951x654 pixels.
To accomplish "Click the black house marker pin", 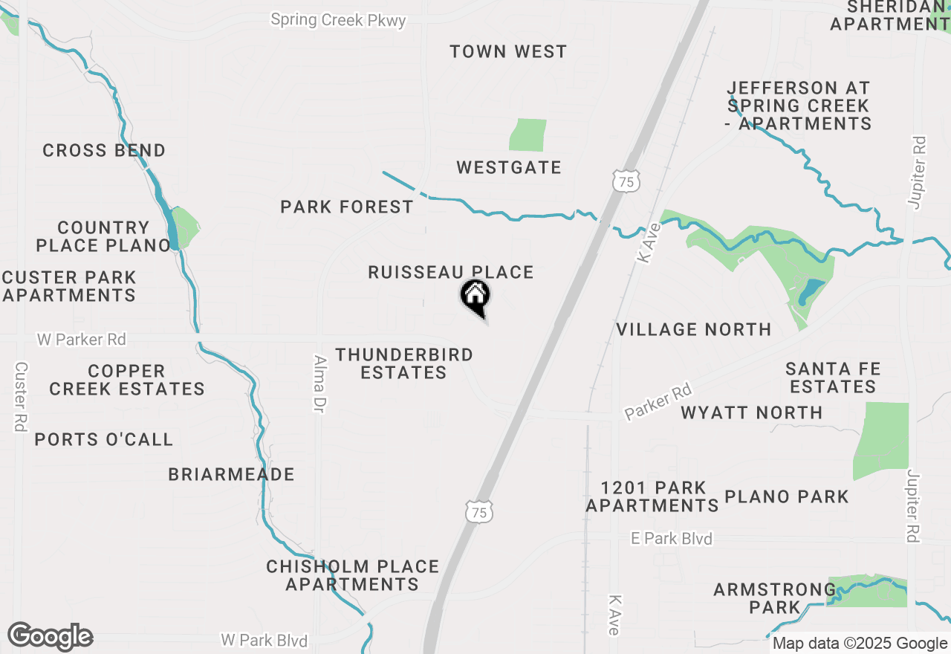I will coord(475,297).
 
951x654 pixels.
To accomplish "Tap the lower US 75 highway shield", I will coord(479,511).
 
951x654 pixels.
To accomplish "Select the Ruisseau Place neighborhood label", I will coord(451,273).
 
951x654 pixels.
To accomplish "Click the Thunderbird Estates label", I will coord(404,363).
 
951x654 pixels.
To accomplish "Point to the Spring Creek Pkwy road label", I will coord(338,20).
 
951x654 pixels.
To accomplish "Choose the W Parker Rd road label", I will coord(82,340).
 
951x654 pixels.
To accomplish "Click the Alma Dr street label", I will coord(321,383).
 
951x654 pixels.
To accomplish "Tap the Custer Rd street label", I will coord(21,397).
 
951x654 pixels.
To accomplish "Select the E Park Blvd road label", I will coord(671,539).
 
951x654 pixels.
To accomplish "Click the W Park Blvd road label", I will coord(264,640).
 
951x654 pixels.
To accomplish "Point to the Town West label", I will coord(508,52).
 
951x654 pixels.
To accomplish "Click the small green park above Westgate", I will coord(528,135).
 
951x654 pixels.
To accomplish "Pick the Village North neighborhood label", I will coord(694,329).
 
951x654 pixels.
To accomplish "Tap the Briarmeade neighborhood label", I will coord(231,474).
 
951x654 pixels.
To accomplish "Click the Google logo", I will coord(50,636).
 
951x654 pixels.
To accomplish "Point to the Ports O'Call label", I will coord(104,439).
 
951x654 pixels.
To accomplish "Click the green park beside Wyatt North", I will coord(882,441).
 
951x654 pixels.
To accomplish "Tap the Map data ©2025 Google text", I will coord(860,644).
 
